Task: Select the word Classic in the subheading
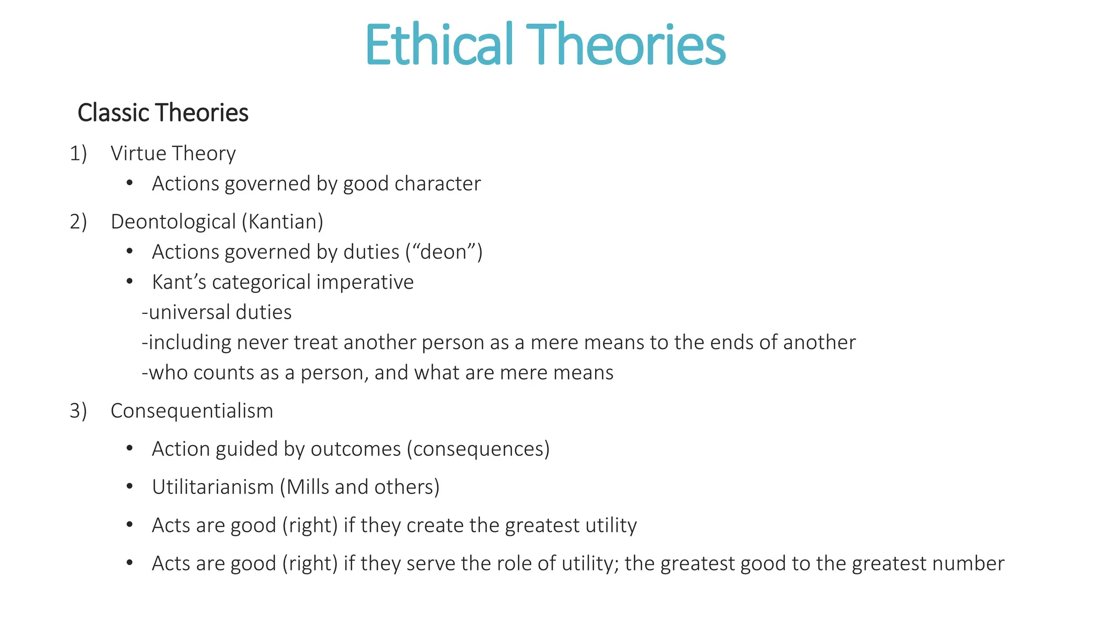pyautogui.click(x=113, y=113)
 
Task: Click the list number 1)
pyautogui.click(x=78, y=154)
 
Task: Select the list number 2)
pyautogui.click(x=78, y=222)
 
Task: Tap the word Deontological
pyautogui.click(x=173, y=222)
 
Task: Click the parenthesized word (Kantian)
pyautogui.click(x=283, y=222)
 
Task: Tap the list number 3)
pyautogui.click(x=78, y=411)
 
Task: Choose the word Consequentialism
pyautogui.click(x=192, y=411)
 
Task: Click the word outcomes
pyautogui.click(x=355, y=449)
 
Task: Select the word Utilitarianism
pyautogui.click(x=213, y=487)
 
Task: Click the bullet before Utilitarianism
pyautogui.click(x=129, y=487)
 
